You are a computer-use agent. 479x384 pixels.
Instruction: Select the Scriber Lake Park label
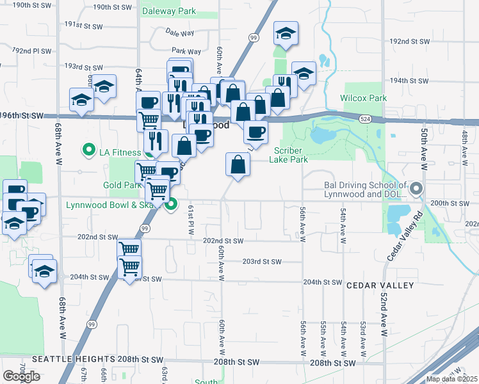(291, 155)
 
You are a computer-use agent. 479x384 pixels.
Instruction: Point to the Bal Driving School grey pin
(416, 188)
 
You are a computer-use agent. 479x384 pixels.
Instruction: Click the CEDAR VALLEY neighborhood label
(380, 285)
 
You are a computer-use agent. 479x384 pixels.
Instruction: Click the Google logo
(21, 376)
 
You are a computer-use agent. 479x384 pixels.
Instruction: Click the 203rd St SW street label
(262, 261)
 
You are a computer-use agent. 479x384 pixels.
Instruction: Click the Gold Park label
(122, 185)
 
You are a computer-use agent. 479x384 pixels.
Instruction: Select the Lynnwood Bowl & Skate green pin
(171, 205)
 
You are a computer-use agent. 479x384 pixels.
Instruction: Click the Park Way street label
(186, 51)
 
